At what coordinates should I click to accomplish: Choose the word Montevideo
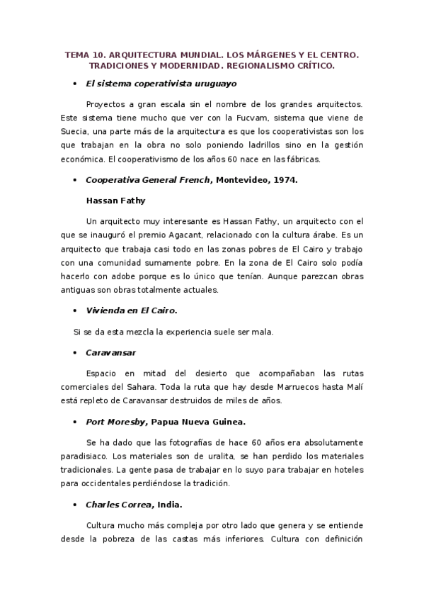tap(241, 180)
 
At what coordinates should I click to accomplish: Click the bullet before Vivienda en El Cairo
tap(75, 310)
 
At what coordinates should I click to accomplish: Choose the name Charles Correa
tap(118, 505)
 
